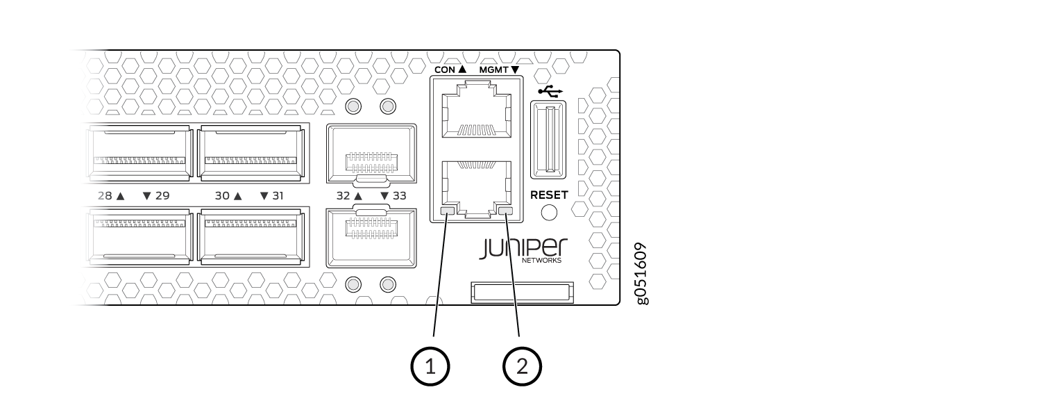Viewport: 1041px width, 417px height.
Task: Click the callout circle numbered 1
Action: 430,366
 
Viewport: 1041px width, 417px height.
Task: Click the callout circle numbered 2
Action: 522,366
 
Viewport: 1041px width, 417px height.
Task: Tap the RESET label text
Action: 549,195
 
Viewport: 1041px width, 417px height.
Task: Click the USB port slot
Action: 548,140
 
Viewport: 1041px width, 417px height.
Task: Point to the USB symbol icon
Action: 550,91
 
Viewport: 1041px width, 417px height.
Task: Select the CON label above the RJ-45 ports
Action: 445,69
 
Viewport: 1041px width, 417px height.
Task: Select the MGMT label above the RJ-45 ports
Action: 493,69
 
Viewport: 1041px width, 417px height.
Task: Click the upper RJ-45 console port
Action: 476,110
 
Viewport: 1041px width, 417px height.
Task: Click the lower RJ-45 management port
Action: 476,189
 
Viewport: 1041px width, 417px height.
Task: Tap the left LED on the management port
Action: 448,211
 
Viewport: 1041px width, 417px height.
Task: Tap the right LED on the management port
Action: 505,211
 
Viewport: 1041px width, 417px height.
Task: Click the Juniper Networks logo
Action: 523,250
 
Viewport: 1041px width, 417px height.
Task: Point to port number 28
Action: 105,196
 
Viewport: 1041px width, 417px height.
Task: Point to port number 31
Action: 278,196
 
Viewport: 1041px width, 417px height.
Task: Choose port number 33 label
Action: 399,196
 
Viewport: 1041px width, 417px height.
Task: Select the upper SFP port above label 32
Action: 371,154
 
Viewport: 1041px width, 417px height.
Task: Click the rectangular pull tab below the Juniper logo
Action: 522,293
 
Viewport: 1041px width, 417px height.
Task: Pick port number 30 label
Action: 221,196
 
